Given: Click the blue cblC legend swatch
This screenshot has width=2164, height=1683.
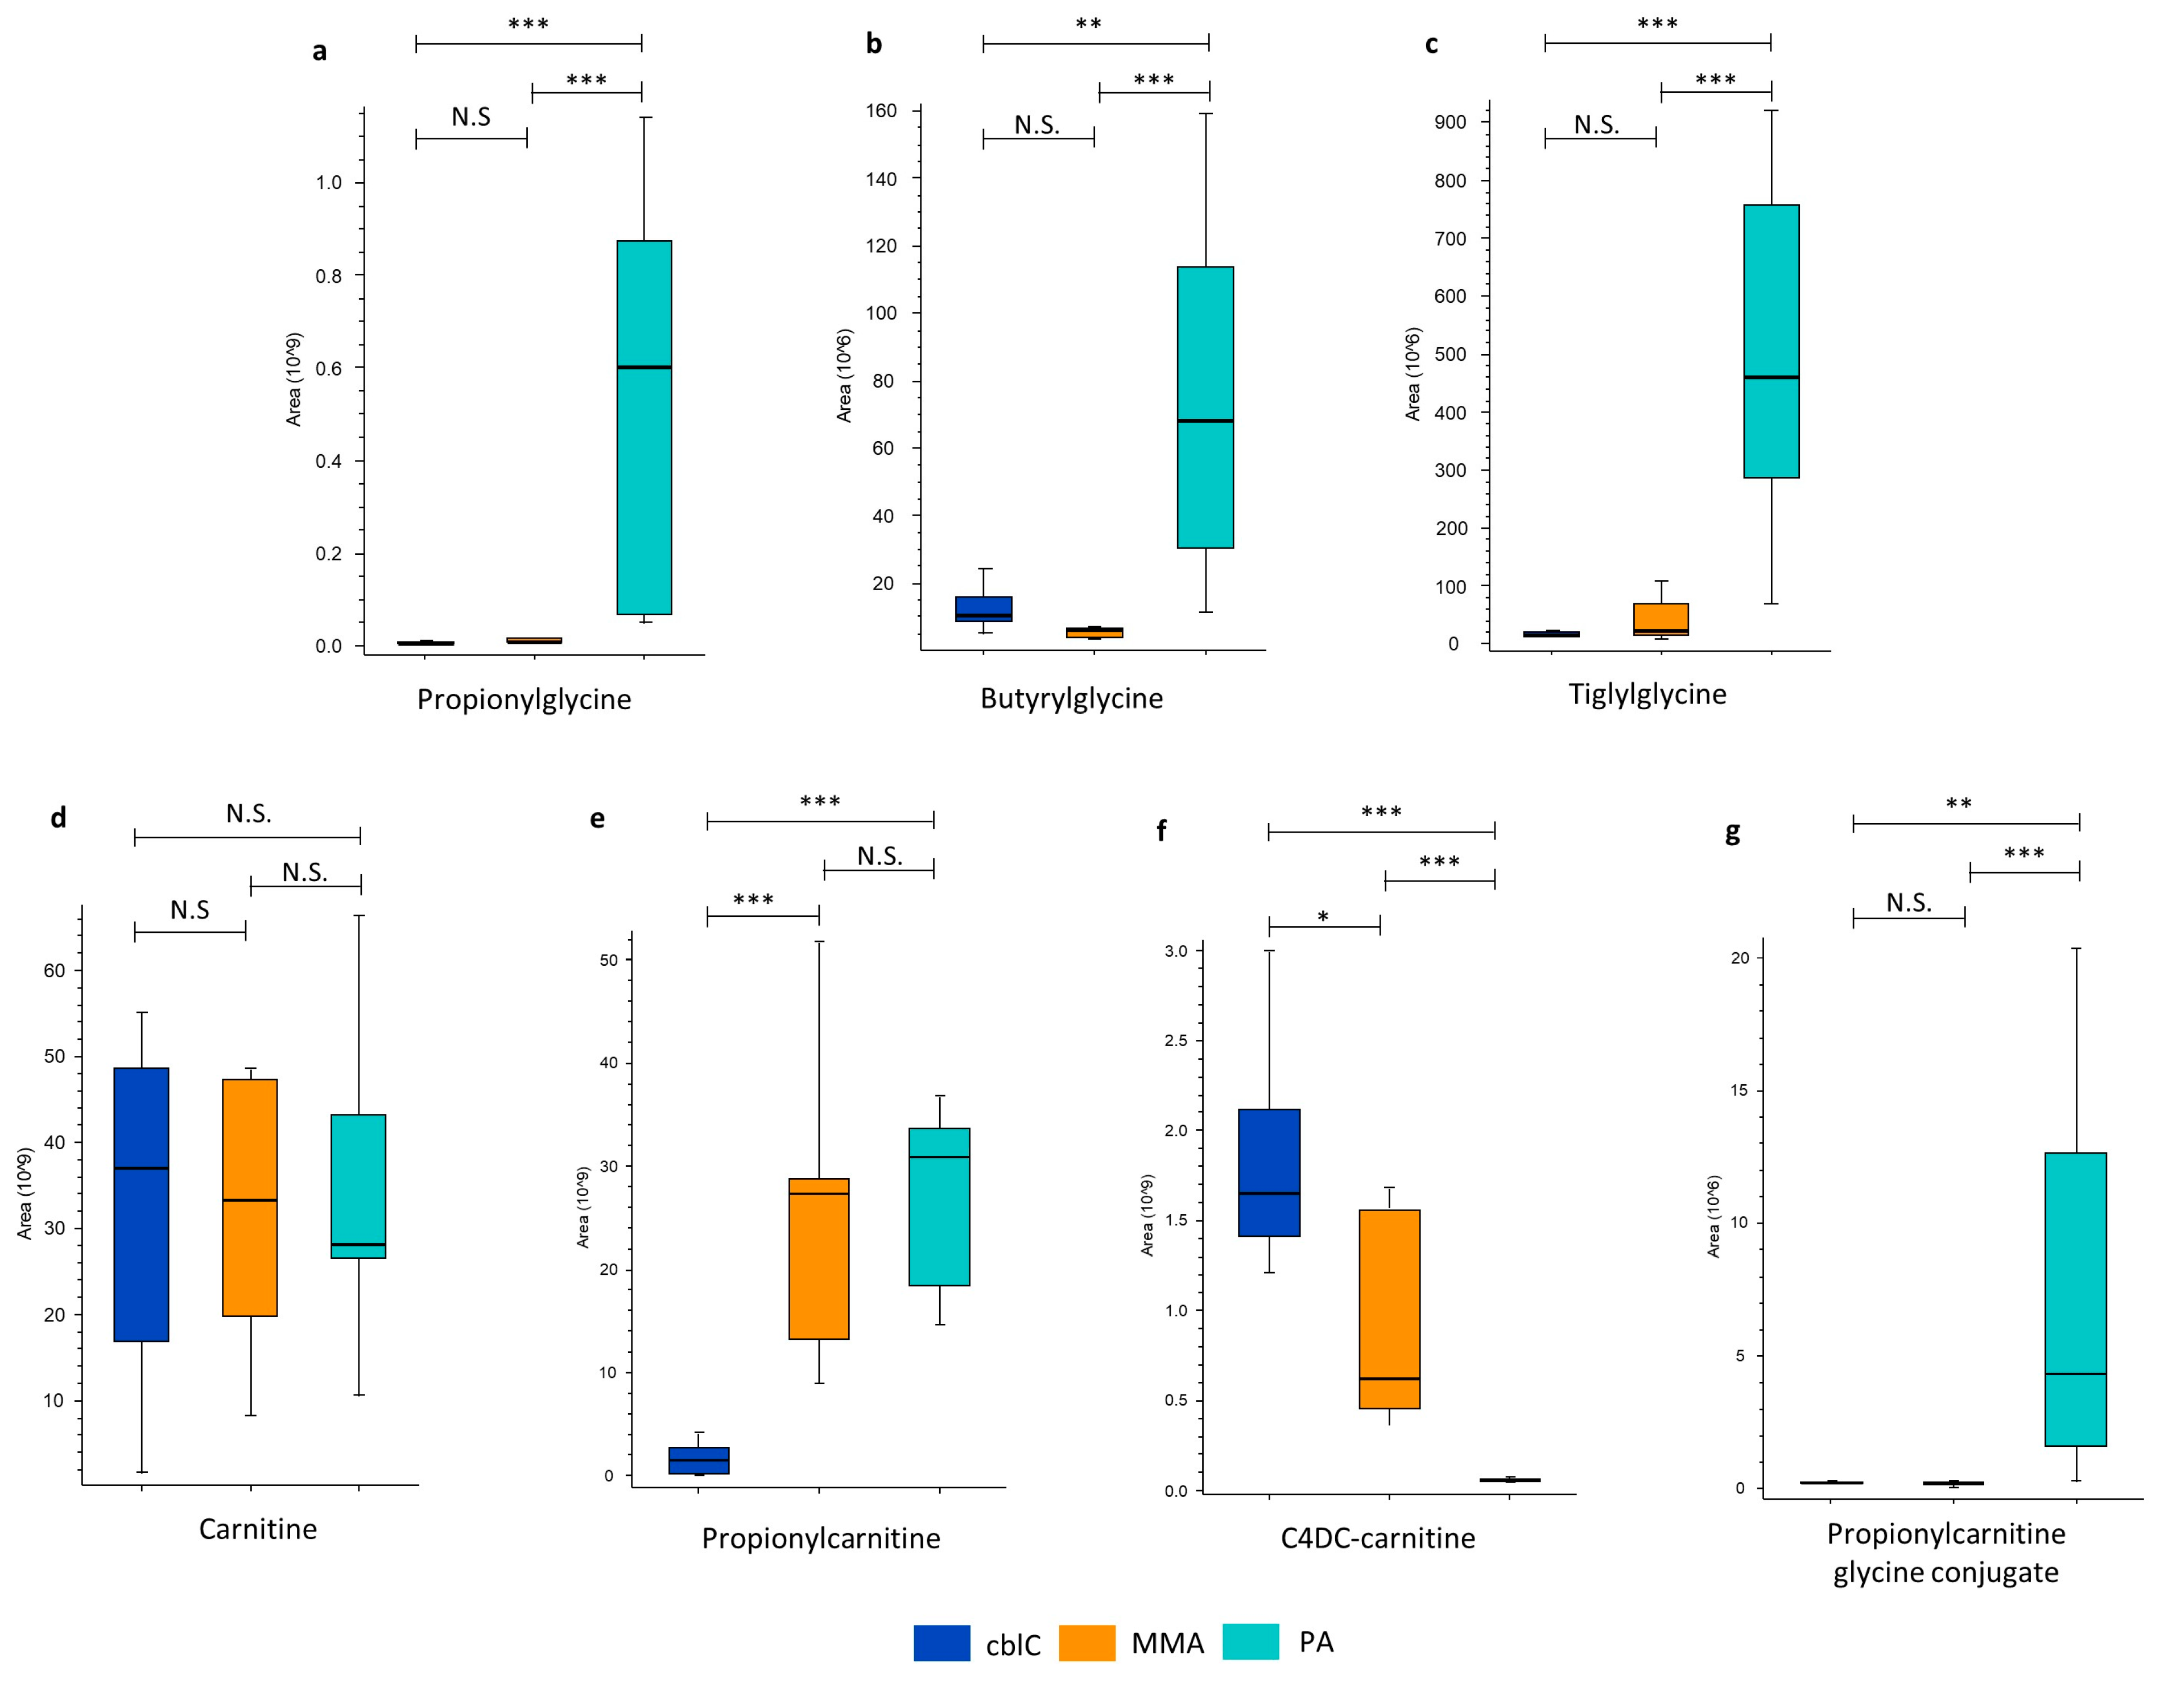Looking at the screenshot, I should [x=941, y=1643].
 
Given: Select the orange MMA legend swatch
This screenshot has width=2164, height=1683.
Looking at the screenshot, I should [x=1087, y=1643].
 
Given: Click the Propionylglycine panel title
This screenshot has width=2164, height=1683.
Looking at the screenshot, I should [x=523, y=699].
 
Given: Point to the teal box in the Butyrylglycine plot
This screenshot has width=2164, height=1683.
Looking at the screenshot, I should [x=1205, y=406].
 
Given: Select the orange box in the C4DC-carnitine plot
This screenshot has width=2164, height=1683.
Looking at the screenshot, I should [x=1389, y=1308].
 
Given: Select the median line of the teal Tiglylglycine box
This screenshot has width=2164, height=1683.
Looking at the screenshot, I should [x=1771, y=377].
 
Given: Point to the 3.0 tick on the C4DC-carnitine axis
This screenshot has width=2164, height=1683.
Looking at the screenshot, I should [x=1176, y=950].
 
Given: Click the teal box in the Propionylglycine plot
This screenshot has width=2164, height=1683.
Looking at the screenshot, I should [x=644, y=427].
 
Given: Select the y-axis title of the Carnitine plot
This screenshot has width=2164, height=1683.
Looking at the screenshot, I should [x=25, y=1194].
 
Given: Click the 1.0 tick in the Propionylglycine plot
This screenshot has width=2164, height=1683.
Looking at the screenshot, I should [x=329, y=182].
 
